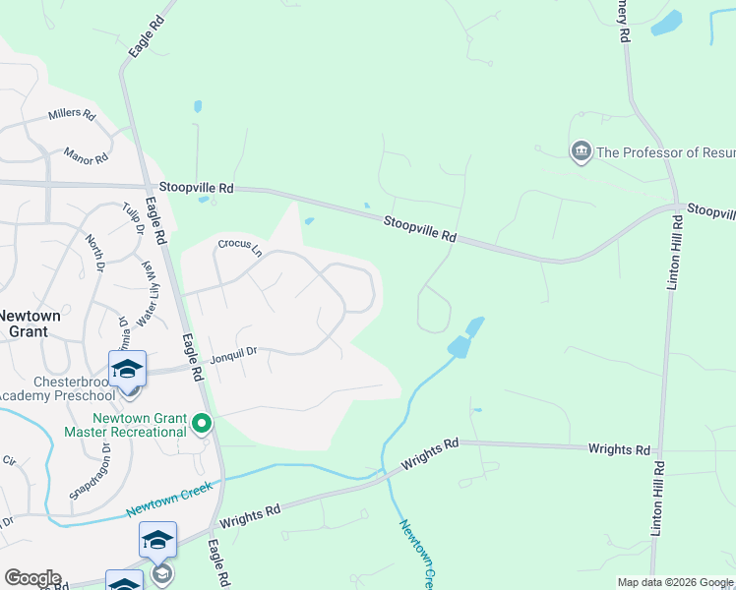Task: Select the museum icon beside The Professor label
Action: coord(581,150)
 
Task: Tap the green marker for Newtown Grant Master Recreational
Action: coord(202,425)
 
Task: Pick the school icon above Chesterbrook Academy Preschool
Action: coord(127,369)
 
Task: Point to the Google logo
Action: coord(32,578)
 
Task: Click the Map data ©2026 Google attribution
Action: coord(675,582)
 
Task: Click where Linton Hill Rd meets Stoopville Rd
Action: coord(677,207)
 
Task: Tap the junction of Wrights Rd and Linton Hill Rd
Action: coord(660,449)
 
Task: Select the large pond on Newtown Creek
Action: coord(459,346)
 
